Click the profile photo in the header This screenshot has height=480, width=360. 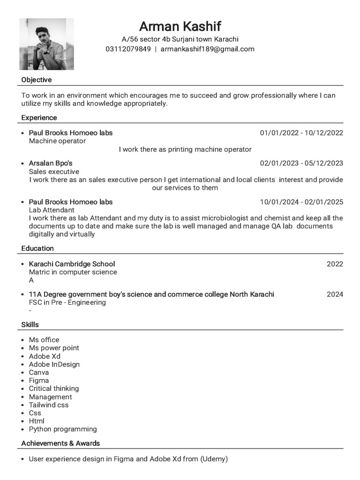pos(46,44)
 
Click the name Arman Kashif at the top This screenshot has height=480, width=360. pos(180,26)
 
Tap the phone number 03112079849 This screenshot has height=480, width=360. pos(128,49)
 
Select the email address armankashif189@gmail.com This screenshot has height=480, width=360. pos(207,49)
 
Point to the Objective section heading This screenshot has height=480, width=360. pos(37,80)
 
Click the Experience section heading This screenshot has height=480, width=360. pos(39,118)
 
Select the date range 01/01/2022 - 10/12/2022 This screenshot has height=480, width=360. pos(301,133)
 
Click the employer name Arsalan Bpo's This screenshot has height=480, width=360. pos(51,163)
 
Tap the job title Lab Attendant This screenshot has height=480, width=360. pos(52,210)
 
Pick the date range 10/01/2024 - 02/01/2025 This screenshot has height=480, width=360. pos(301,202)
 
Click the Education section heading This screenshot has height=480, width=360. pos(37,248)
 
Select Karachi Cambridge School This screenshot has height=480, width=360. pos(72,264)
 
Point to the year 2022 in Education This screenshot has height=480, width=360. pos(335,264)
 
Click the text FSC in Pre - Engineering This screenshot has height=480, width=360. pos(67,302)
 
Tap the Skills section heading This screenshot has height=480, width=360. pos(30,324)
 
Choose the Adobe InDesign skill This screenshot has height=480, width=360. pos(54,364)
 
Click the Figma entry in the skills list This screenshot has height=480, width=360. pos(39,380)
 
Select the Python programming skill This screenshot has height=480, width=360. pos(63,429)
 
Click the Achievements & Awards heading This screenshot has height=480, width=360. pos(60,443)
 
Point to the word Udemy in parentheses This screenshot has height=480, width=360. pos(214,459)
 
